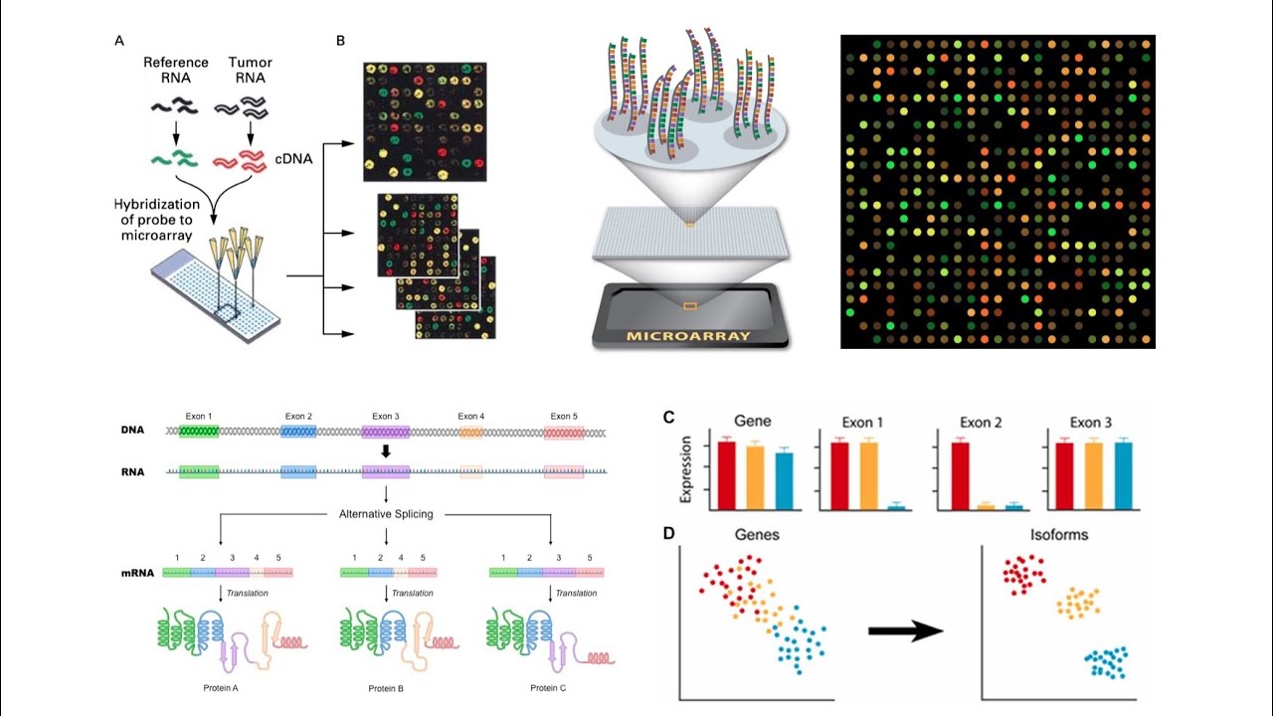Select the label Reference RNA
tap(175, 71)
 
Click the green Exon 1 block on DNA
tap(199, 433)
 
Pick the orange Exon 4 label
tap(471, 416)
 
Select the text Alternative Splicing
tap(385, 514)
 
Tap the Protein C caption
tap(550, 688)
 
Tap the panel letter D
tap(669, 534)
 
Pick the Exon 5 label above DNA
tap(564, 416)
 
